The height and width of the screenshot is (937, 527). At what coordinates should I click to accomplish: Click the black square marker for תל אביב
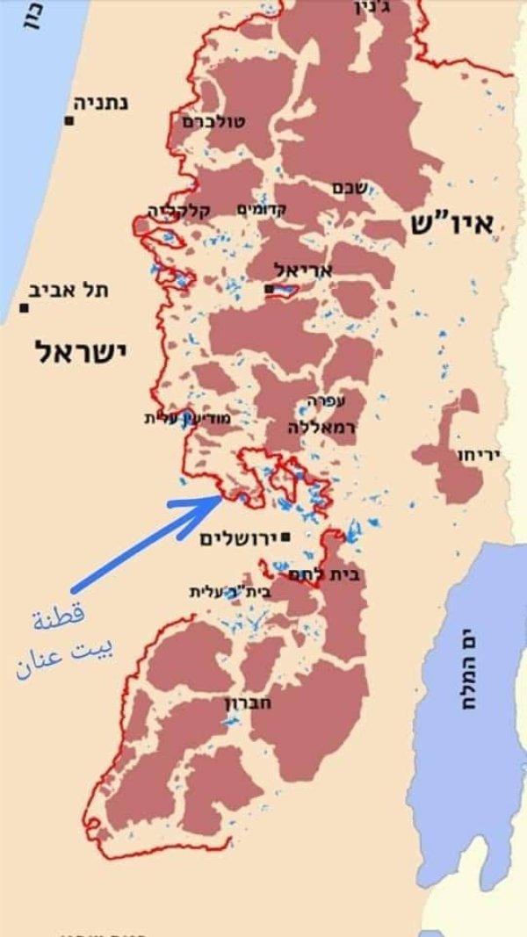coord(24,308)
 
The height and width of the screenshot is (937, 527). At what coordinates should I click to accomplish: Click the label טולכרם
coord(214,120)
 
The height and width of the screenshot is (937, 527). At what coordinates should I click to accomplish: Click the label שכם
coord(343,187)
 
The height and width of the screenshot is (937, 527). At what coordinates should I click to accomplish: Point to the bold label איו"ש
coord(457,224)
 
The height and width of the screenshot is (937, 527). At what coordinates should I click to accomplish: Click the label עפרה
coord(326,400)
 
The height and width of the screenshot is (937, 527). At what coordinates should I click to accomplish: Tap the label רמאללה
coord(320,425)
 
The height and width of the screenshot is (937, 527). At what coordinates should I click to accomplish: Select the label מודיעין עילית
coord(187,419)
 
